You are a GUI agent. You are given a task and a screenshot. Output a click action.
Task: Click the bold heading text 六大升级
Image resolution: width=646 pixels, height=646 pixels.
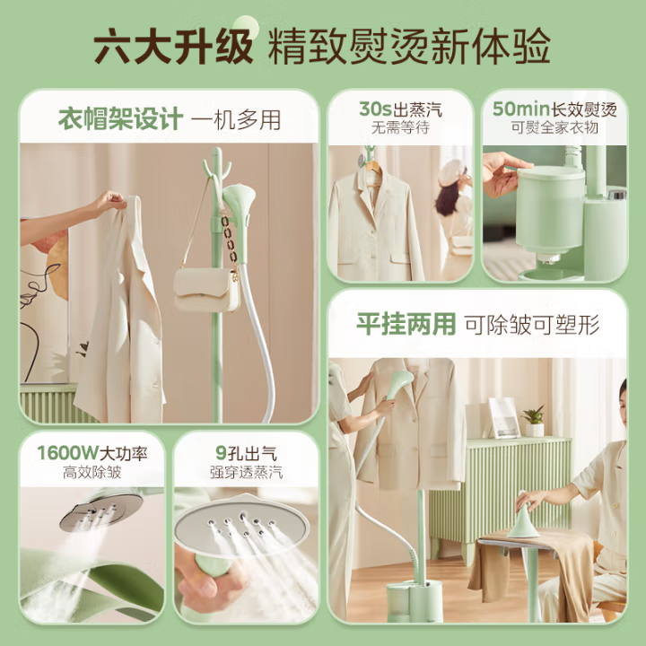173,46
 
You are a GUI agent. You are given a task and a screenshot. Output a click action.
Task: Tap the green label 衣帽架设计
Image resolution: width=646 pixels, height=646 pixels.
120,119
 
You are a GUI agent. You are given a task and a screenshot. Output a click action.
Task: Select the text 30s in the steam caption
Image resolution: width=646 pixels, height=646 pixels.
375,109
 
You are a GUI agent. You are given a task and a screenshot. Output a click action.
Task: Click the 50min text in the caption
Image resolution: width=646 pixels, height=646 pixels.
521,109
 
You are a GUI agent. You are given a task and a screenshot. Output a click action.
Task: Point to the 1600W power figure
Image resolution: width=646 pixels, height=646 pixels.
67,453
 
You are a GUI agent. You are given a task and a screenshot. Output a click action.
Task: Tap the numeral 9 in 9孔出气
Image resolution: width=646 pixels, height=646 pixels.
221,453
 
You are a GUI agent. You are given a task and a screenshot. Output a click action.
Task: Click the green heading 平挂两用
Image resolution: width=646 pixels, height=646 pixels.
406,324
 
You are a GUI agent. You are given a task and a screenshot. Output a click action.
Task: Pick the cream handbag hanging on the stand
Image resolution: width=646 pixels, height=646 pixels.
206,289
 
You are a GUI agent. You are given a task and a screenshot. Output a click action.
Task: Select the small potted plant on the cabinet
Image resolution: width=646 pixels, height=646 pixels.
535,421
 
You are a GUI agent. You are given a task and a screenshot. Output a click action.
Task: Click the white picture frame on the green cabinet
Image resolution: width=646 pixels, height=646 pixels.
503,417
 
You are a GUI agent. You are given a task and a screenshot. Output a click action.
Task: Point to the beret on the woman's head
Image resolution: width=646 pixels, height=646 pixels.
452,171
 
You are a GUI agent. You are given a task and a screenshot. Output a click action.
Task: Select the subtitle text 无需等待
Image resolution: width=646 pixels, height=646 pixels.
400,127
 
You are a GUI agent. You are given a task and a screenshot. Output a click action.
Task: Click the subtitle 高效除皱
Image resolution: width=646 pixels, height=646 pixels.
92,472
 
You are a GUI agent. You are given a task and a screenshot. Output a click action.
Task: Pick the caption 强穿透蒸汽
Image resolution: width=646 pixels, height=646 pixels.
246,472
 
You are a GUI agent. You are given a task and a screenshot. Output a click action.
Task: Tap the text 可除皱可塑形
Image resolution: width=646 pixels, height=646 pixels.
532,325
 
